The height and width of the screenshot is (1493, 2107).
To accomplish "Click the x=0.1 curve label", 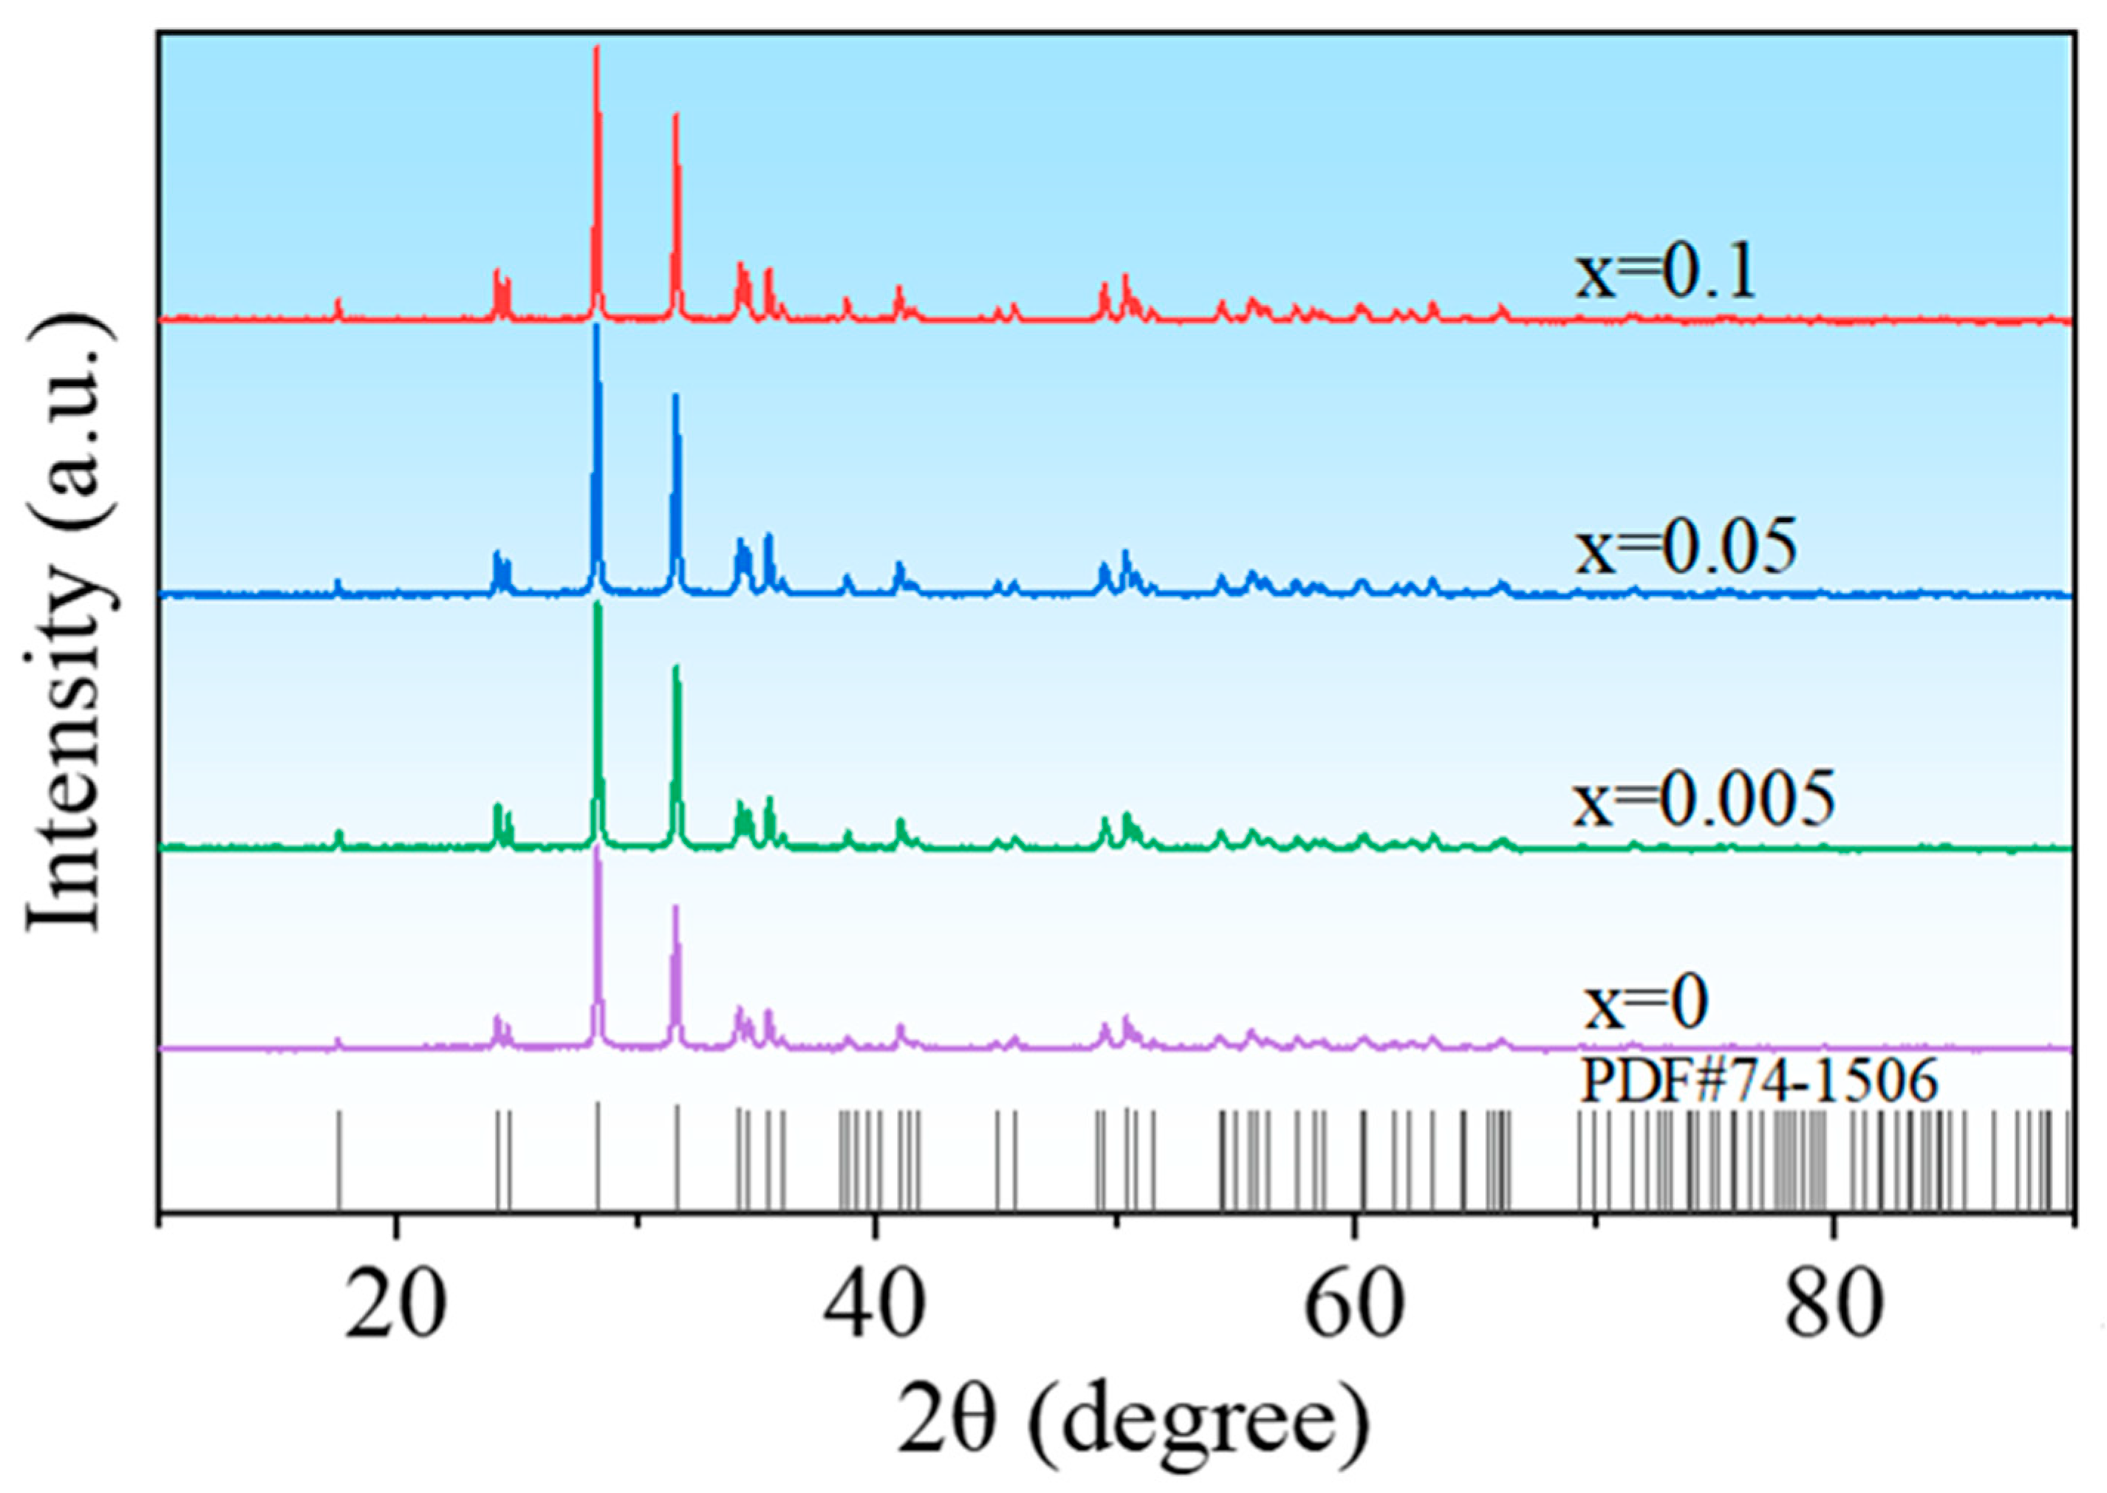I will point(1665,273).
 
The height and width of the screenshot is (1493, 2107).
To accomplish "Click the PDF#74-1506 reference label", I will point(1758,1081).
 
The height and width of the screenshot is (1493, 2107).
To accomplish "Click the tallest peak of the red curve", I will point(597,50).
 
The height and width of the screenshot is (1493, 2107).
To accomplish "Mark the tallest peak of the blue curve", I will point(598,327).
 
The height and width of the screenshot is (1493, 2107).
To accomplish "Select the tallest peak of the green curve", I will point(598,605).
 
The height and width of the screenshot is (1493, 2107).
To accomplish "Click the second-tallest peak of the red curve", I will point(676,116).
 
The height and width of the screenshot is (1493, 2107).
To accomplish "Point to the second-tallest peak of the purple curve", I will point(676,908).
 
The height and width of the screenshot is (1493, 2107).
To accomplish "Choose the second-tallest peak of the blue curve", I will point(676,397).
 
